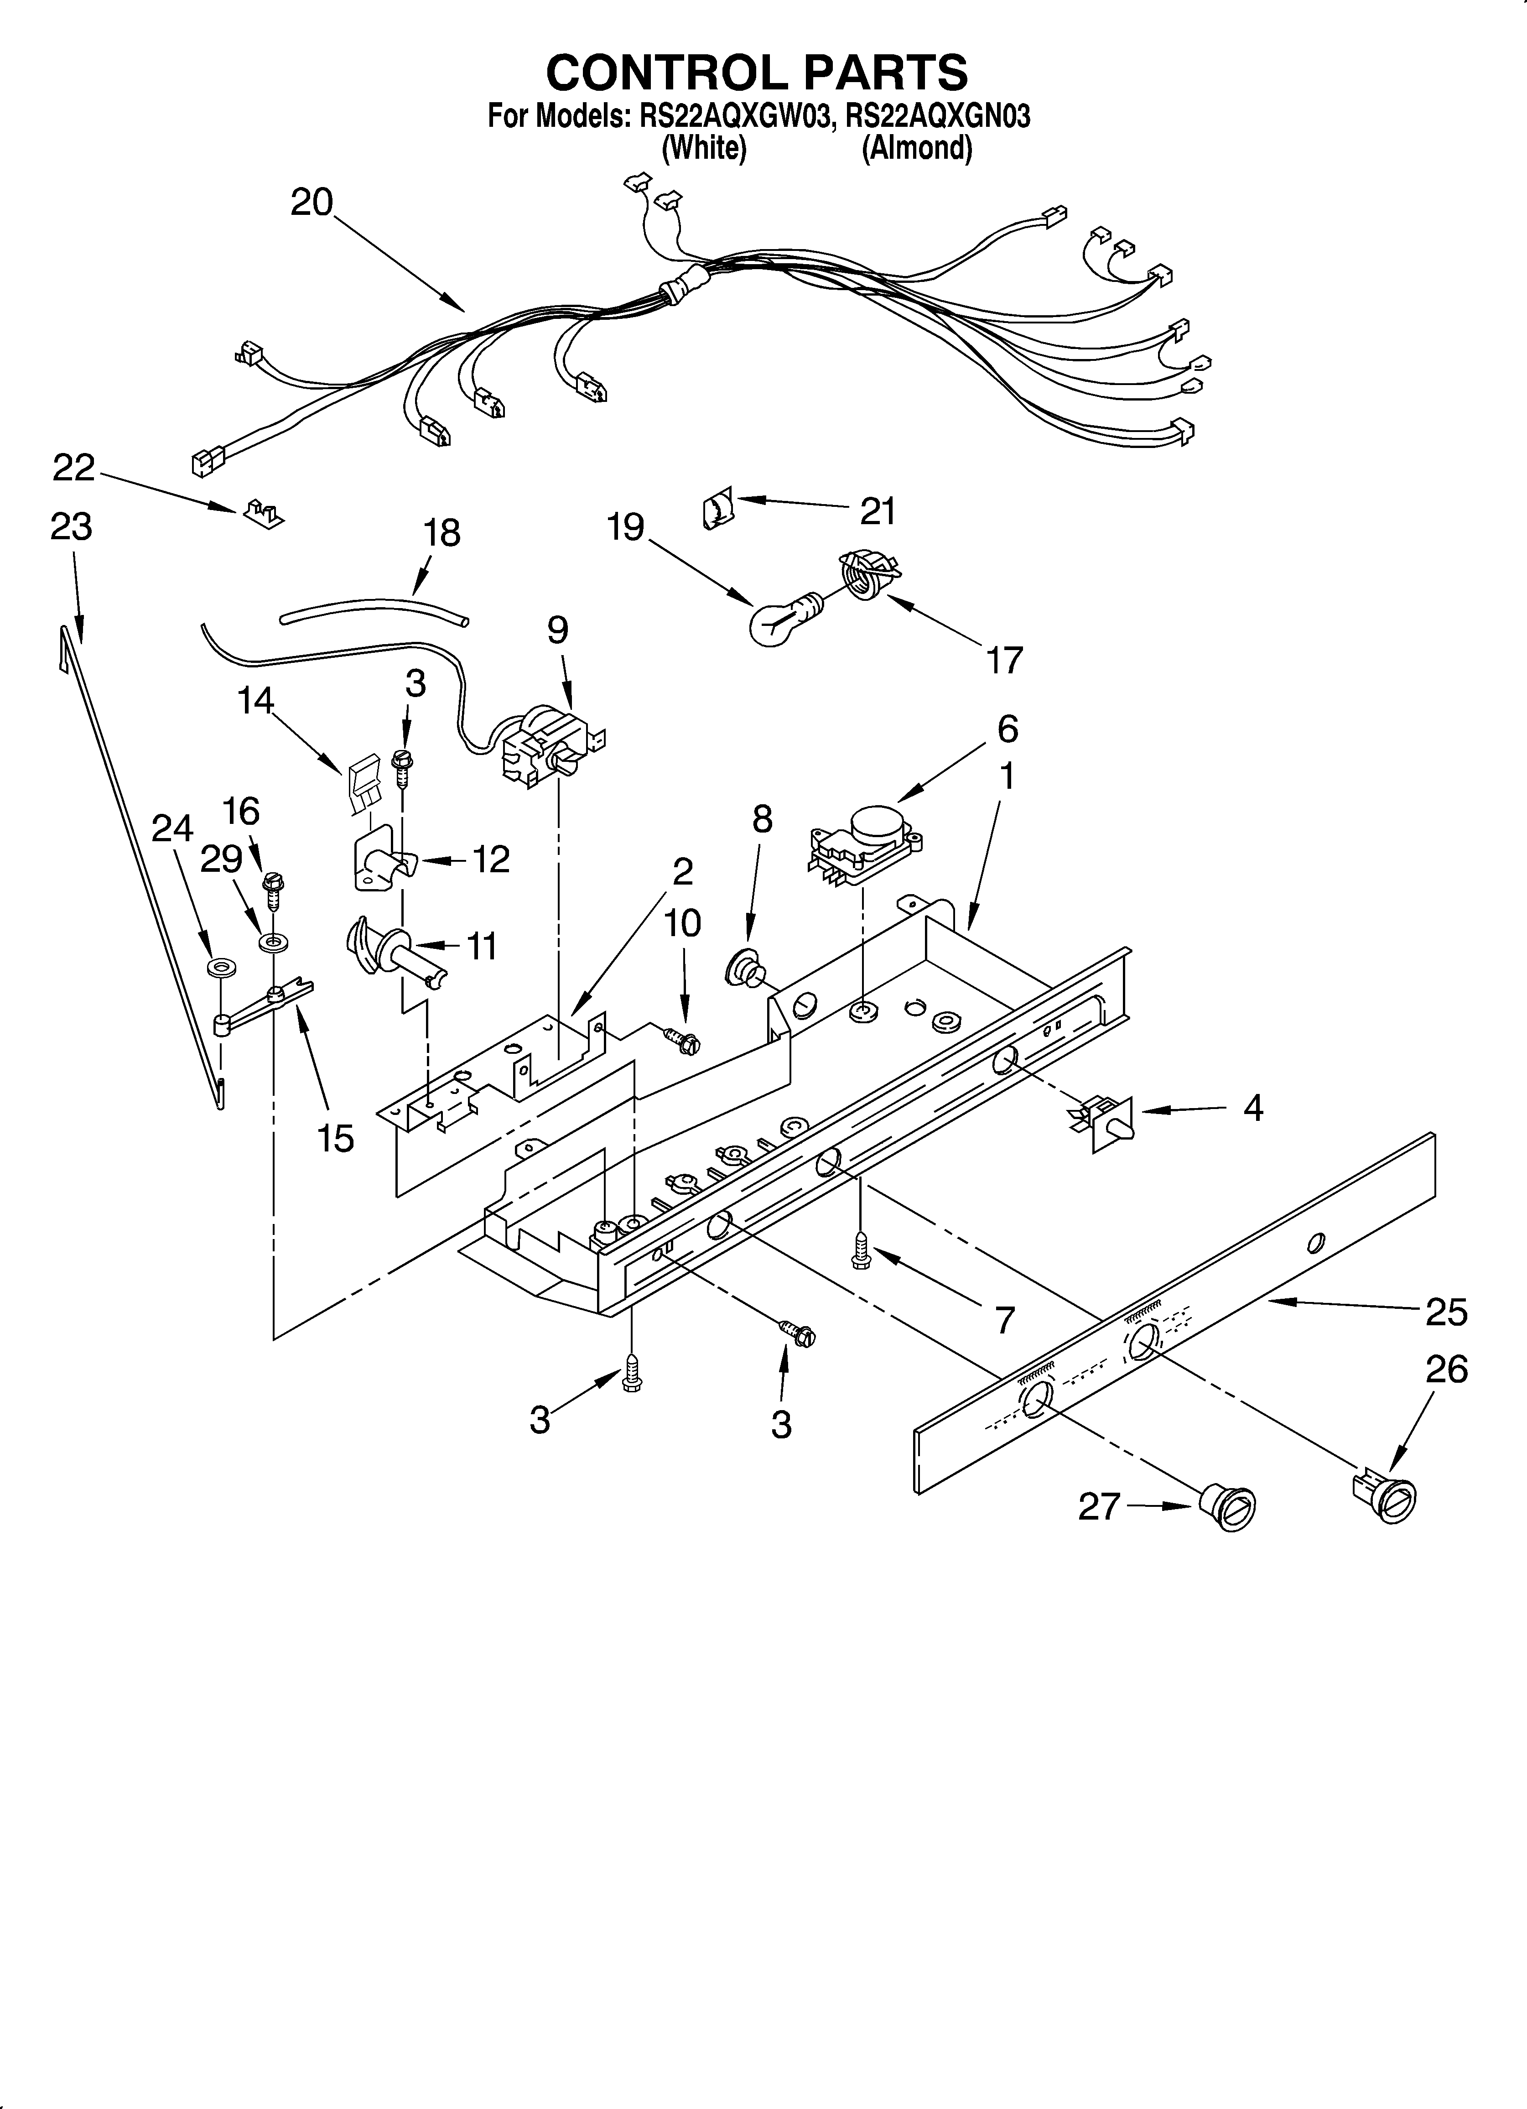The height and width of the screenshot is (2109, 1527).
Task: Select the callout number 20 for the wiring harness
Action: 312,202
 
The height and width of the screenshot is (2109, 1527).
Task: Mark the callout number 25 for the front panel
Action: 1446,1311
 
